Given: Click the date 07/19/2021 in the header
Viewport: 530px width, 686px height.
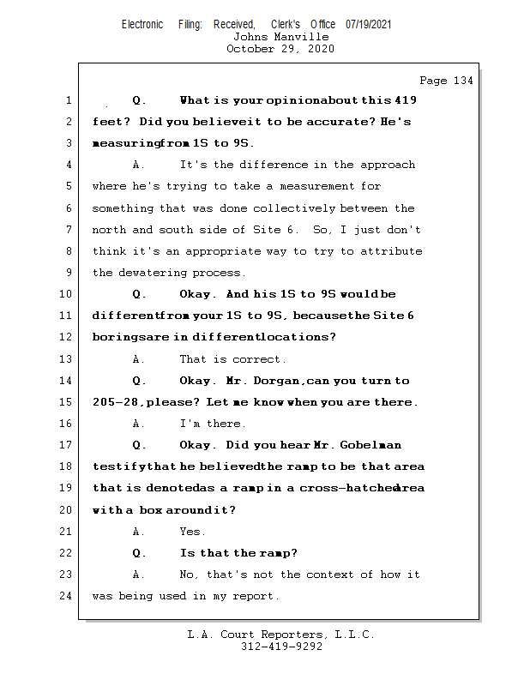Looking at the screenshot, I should [369, 24].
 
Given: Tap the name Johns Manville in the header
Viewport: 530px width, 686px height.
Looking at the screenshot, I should [280, 37].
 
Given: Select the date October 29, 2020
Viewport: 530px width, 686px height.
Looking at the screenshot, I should [280, 49].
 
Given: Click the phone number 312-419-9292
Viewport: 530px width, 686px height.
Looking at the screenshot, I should [282, 647].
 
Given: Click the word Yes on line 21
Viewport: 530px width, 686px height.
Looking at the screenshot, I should [192, 532].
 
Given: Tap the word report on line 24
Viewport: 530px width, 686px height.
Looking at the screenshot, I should [255, 596].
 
